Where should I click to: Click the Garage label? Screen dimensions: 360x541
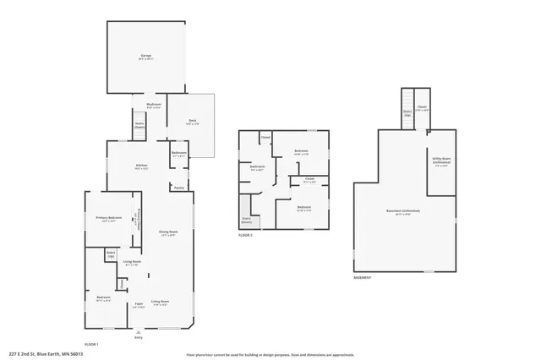point(146,57)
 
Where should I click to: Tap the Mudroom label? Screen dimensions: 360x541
point(154,105)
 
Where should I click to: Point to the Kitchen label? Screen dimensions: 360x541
point(142,166)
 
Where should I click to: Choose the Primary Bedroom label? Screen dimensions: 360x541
point(110,219)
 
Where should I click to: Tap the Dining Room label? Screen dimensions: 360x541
point(167,232)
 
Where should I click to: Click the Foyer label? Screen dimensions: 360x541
point(138,302)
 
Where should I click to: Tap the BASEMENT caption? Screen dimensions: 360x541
point(362,277)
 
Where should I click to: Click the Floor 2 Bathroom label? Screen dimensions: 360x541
point(258,167)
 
